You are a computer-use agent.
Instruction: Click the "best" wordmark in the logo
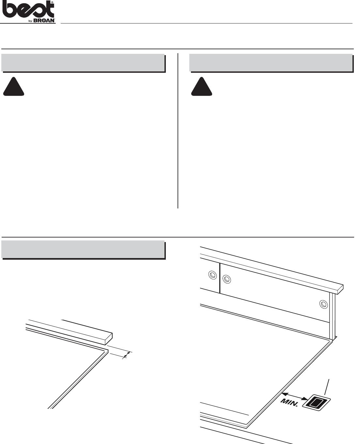coord(28,10)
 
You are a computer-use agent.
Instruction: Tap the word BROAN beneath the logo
coord(44,21)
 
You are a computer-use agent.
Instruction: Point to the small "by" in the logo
coord(30,21)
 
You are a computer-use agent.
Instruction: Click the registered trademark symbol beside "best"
coord(52,2)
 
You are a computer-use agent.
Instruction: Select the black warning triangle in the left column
coord(14,87)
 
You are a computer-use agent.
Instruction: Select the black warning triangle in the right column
coord(201,87)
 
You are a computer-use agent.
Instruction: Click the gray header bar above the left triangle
coord(83,63)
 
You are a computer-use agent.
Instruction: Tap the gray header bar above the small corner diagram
coord(83,249)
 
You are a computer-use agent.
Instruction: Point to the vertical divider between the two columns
coord(178,131)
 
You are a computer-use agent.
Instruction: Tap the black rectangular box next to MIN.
coord(316,403)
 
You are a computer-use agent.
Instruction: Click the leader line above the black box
coord(327,387)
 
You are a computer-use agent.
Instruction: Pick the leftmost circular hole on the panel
coord(212,275)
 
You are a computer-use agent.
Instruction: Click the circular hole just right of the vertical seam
coord(227,279)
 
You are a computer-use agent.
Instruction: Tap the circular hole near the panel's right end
coord(323,304)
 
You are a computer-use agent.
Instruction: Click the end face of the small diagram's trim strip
coord(109,339)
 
